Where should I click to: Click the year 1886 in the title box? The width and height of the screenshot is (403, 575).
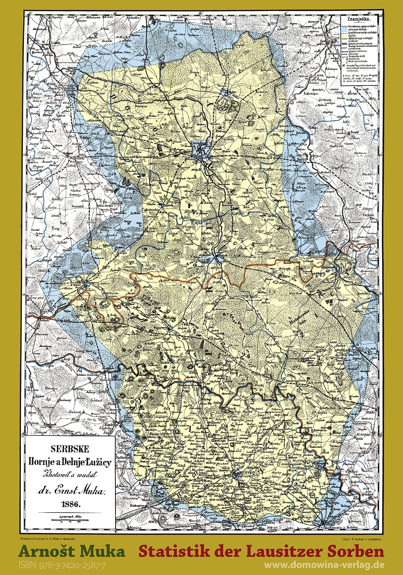(x=69, y=503)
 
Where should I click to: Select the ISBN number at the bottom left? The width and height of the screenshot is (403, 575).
(x=62, y=565)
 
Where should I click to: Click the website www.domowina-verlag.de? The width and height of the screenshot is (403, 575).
(x=324, y=565)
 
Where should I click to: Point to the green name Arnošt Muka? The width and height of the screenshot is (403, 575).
(x=72, y=551)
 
